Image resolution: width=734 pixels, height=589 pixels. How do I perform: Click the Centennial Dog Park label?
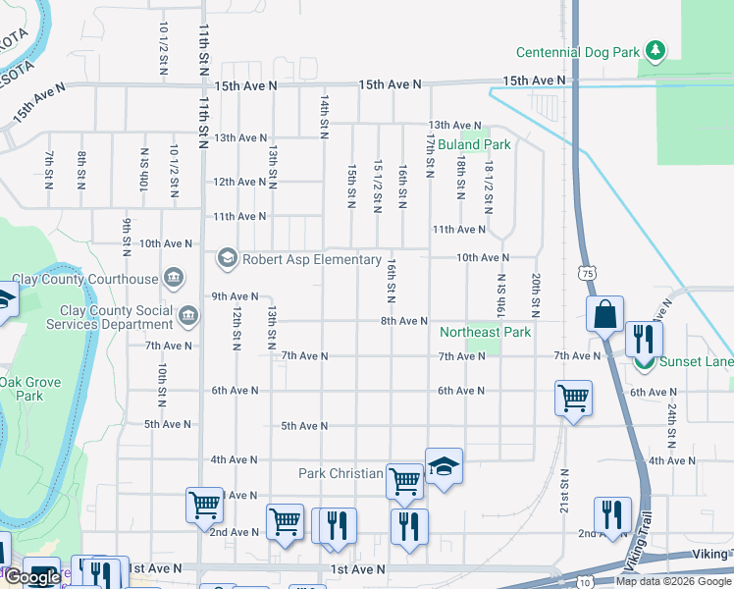point(579,51)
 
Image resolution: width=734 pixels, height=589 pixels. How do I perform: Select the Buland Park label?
point(474,144)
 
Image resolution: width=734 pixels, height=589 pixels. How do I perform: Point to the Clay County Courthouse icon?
point(175,279)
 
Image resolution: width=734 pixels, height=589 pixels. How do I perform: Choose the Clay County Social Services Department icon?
point(188,316)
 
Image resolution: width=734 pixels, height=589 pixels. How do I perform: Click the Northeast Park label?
point(485,333)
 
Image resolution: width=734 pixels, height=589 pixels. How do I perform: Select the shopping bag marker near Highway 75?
point(605,315)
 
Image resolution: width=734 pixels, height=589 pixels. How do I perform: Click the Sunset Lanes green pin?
point(644,362)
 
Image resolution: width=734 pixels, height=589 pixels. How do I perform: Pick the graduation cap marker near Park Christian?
point(444,466)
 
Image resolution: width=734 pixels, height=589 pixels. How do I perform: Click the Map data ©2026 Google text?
point(673,580)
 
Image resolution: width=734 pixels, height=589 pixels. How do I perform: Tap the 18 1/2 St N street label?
point(488,186)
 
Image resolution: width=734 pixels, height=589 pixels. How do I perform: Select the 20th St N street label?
point(536,294)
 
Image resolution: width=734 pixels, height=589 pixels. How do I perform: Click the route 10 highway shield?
point(585,582)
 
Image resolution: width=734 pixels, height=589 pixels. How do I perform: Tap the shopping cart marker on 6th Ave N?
point(573,398)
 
